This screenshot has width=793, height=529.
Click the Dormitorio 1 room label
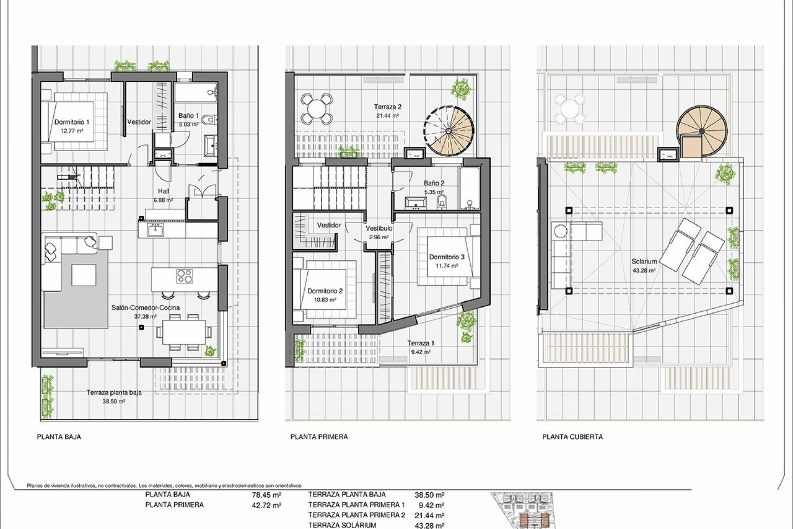(72, 122)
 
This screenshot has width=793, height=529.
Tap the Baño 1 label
(188, 116)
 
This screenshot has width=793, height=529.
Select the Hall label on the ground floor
(164, 191)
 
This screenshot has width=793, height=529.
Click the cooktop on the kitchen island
(185, 276)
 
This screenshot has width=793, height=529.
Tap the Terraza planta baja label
(114, 393)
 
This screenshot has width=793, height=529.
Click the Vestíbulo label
(379, 228)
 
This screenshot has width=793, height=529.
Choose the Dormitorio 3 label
(447, 257)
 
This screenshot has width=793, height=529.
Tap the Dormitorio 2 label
(325, 291)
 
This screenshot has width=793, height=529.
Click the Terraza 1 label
(421, 343)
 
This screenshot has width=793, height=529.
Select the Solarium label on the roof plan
(644, 262)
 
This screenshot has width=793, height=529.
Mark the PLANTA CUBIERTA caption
(572, 437)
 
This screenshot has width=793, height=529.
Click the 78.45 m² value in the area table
(267, 495)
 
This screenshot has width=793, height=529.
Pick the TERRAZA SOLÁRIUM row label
(342, 525)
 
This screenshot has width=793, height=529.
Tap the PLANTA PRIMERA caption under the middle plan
(319, 437)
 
